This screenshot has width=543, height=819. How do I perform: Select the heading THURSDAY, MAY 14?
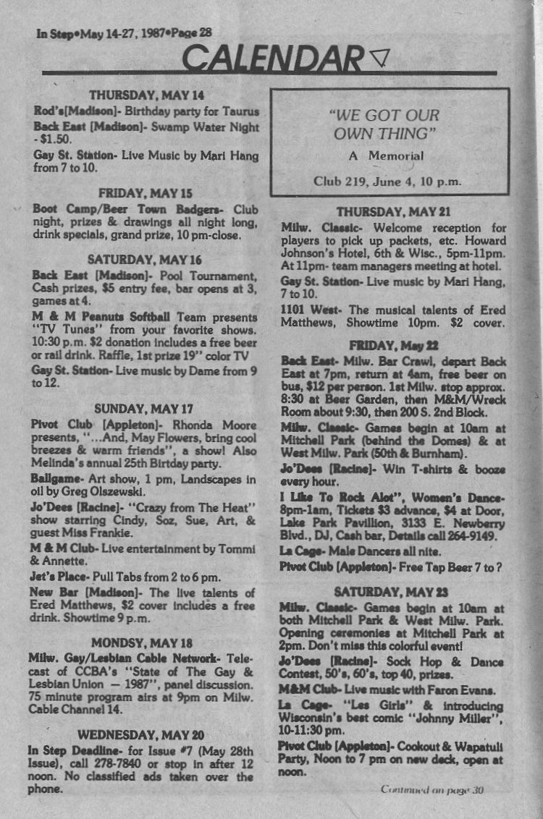[x=146, y=95]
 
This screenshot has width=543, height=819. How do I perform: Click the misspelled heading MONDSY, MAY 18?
[x=142, y=642]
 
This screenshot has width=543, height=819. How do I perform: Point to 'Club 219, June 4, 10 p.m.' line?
[x=387, y=181]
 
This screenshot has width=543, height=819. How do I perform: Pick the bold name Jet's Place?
[x=60, y=577]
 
